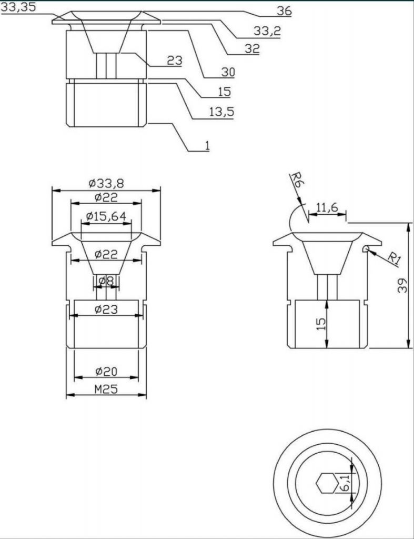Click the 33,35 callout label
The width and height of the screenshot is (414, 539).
click(x=18, y=7)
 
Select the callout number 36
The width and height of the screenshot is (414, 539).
click(x=284, y=12)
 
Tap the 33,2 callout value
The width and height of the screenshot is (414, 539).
click(x=267, y=31)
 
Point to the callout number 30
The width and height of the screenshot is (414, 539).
click(x=228, y=72)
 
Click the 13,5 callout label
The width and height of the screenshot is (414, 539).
click(x=221, y=112)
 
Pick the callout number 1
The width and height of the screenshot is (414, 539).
click(x=207, y=146)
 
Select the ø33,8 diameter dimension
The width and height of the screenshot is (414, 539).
click(x=106, y=184)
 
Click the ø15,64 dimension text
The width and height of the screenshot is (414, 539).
click(x=106, y=216)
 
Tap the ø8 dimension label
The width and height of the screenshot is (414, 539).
click(x=106, y=281)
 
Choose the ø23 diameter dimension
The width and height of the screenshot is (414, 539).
click(x=106, y=309)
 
